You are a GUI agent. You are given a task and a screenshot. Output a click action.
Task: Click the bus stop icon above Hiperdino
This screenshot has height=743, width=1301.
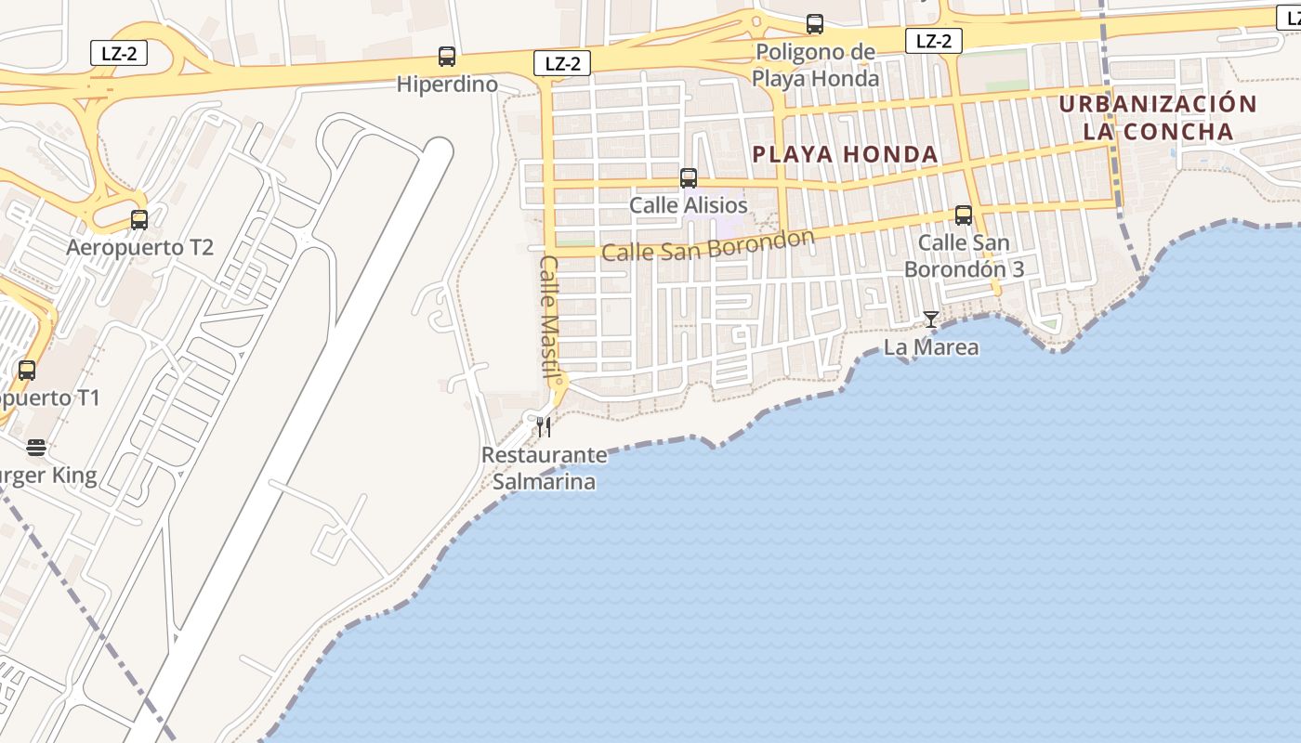click(447, 57)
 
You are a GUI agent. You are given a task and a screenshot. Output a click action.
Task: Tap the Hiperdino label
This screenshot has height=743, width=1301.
click(447, 85)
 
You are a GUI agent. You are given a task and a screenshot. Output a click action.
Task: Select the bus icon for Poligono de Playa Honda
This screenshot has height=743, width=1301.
click(815, 24)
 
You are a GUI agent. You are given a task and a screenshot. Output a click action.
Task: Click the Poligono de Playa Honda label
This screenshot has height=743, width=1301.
click(815, 65)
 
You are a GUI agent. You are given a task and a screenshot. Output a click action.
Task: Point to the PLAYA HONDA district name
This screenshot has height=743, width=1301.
click(845, 154)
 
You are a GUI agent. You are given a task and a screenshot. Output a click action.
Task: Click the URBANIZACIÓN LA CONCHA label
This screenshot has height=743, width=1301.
click(1158, 117)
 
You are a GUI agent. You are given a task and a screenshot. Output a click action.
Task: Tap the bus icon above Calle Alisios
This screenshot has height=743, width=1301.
click(689, 178)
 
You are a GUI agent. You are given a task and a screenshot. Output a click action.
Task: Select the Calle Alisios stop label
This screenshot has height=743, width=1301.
click(689, 205)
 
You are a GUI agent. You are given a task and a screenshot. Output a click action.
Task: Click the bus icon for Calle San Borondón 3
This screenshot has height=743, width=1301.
click(964, 216)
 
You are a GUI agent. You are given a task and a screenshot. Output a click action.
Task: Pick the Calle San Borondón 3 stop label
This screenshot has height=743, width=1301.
click(964, 256)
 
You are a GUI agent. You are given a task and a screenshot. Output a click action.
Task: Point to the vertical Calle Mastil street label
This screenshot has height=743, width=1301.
click(548, 317)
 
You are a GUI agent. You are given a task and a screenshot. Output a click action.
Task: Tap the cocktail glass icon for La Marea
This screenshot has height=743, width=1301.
click(930, 319)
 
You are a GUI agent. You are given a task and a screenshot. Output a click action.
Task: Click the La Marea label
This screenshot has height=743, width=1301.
click(930, 347)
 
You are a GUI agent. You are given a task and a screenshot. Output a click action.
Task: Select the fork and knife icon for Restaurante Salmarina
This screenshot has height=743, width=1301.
click(544, 427)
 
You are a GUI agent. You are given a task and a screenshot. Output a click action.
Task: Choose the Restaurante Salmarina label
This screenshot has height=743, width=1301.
click(544, 469)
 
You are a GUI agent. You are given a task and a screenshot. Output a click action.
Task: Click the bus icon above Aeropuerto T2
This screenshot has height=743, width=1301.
click(139, 220)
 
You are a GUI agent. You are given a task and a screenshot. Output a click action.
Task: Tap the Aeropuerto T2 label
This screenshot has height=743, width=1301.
click(139, 248)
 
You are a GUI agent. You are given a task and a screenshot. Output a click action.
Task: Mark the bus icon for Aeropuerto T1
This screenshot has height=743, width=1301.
click(27, 371)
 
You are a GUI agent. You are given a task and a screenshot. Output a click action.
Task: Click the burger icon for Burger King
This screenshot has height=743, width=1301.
click(36, 449)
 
